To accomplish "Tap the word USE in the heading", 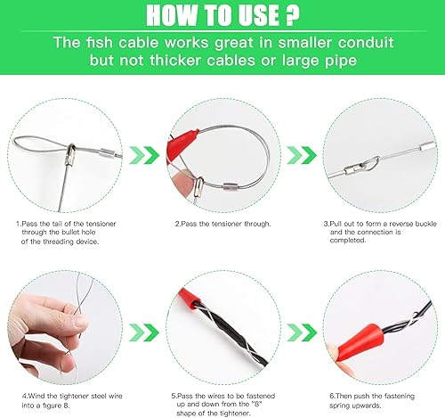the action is point(255,15).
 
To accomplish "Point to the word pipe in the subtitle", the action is point(342,61).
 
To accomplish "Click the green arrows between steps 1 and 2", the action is point(144,155).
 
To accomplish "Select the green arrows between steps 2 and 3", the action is point(302,155).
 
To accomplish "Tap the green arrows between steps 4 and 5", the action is point(144,332).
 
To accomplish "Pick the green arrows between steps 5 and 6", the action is point(302,332).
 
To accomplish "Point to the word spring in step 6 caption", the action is point(339,406).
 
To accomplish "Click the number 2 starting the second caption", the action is point(177,224).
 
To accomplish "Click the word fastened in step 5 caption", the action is point(261,396).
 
